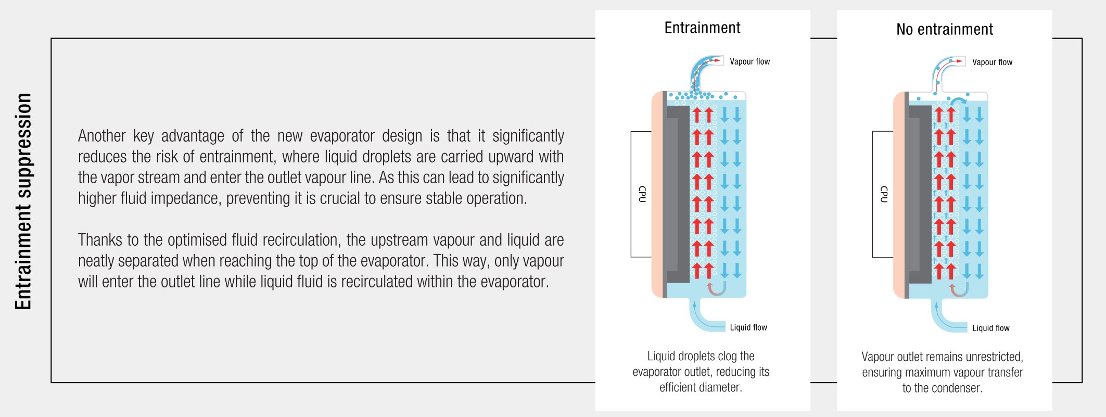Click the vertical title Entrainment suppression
coord(23,201)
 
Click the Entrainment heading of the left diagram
coord(702,28)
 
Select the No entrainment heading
coord(944,29)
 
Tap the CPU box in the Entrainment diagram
coord(641,194)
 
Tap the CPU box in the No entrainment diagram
coord(883,194)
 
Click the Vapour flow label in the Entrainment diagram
coord(749,61)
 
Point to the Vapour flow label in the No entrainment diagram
coord(992,62)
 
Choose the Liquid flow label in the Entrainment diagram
coord(748,327)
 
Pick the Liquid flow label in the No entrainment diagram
coord(991,328)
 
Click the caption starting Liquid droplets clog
coord(701,372)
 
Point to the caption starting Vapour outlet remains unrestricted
coord(943,372)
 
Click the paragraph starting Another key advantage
coord(321,167)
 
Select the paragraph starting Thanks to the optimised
coord(321,260)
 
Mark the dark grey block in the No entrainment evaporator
coord(920,194)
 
